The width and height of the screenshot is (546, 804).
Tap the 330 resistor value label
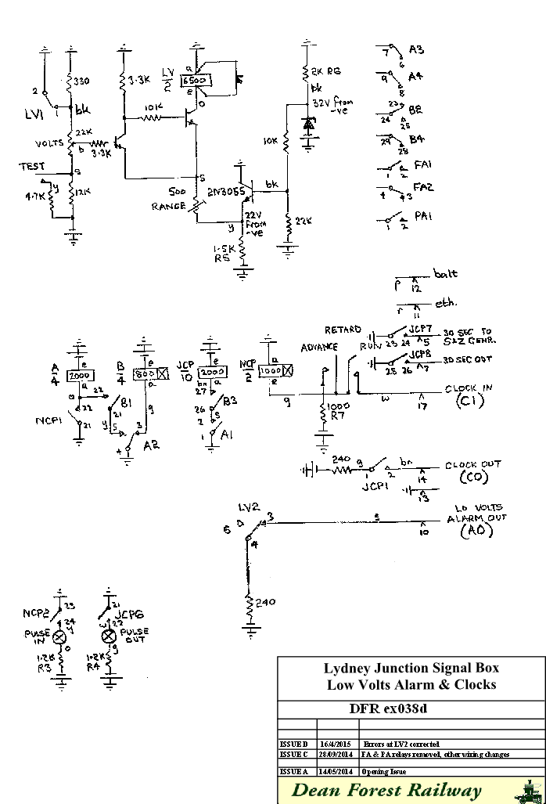point(82,80)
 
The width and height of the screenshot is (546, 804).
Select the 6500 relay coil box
point(193,81)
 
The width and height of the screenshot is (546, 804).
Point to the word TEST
point(31,167)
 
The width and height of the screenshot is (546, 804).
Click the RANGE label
point(170,206)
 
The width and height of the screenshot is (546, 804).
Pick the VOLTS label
point(50,144)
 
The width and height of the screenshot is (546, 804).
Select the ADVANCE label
point(318,347)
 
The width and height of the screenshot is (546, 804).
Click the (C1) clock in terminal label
point(472,402)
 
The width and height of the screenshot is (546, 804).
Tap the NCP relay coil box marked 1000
point(271,370)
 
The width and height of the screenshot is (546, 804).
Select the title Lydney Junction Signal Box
point(411,668)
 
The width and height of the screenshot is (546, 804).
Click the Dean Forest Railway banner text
point(386,791)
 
